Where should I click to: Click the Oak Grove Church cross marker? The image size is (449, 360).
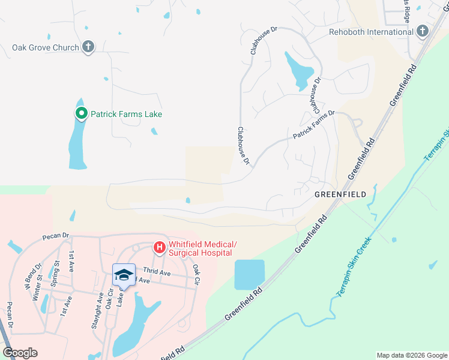88,47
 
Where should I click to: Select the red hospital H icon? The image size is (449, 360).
160,247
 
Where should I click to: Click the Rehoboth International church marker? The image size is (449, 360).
423,31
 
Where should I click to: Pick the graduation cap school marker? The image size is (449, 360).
123,275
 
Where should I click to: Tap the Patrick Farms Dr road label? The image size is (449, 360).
313,125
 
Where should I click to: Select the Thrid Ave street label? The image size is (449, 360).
157,273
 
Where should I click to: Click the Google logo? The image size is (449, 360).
20,353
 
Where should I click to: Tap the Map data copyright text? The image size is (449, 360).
411,355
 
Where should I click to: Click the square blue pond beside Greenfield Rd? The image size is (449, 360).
249,275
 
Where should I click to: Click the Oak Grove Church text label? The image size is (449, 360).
46,47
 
